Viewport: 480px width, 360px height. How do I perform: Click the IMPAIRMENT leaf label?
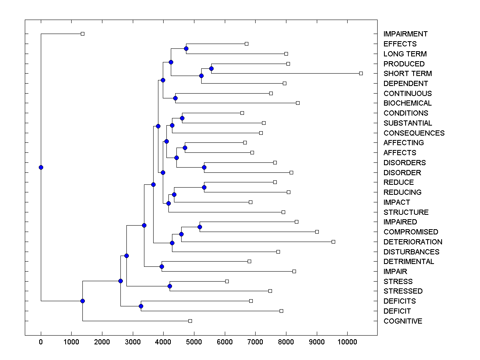(405, 34)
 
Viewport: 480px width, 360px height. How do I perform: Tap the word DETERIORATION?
(413, 242)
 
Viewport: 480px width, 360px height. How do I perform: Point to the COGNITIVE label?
(402, 321)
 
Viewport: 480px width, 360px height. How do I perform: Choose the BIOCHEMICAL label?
(408, 103)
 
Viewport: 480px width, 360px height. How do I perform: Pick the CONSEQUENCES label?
(414, 133)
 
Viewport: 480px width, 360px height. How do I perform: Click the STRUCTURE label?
(406, 212)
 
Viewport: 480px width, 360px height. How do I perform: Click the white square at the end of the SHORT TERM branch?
(361, 73)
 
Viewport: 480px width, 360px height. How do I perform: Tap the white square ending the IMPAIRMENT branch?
(82, 34)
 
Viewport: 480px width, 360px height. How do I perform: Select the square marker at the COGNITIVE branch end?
(190, 321)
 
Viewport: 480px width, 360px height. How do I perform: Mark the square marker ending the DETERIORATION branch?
(333, 242)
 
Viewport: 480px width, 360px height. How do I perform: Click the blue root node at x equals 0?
(41, 167)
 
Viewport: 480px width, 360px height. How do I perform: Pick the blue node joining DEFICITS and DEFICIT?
(141, 306)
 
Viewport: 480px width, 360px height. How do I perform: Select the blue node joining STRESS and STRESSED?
(170, 286)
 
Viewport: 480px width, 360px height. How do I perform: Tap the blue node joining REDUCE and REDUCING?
(204, 187)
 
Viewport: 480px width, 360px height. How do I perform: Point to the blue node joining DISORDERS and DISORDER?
(204, 167)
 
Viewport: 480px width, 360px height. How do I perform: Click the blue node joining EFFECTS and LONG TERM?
(186, 48)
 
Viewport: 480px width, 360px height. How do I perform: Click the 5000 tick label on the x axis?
(194, 341)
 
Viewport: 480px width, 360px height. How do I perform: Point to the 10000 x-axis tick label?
(347, 341)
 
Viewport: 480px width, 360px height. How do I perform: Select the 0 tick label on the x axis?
(41, 341)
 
